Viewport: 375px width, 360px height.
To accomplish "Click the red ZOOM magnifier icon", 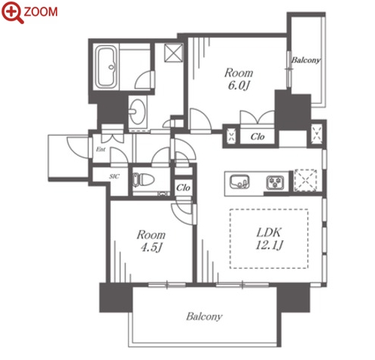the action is click(x=13, y=12).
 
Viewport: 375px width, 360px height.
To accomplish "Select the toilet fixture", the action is click(x=143, y=180).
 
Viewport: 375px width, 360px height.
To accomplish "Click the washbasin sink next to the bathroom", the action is click(x=137, y=111).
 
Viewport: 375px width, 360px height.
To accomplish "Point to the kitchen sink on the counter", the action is click(x=239, y=182).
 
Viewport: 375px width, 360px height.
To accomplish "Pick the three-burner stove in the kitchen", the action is click(x=276, y=182).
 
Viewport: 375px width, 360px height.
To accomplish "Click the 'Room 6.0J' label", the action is click(x=239, y=79).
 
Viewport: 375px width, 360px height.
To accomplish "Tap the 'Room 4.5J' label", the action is click(x=151, y=241).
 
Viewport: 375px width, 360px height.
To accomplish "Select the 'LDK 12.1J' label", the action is click(x=269, y=239).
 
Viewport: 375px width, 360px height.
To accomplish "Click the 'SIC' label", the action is click(x=114, y=176).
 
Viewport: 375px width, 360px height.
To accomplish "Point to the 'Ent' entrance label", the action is click(x=101, y=149).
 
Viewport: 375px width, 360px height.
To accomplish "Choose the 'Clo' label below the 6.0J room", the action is click(x=258, y=137).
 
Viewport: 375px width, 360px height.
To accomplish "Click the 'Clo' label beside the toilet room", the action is click(x=183, y=188).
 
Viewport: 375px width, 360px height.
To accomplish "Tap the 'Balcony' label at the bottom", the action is click(x=204, y=316).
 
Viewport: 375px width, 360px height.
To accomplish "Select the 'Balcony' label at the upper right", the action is click(x=306, y=60).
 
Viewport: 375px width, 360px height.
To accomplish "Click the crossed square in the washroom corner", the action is click(x=173, y=53).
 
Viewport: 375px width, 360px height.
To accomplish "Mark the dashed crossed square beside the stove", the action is click(x=306, y=180).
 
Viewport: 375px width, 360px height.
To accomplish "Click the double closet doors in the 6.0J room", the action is click(x=257, y=117).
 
